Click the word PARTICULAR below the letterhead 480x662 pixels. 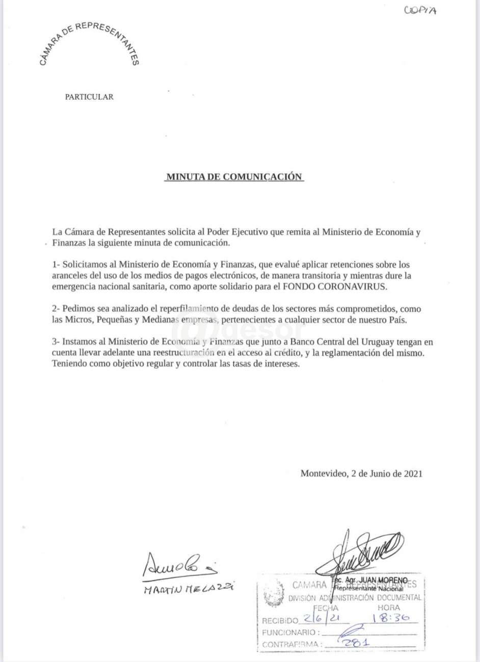pyautogui.click(x=89, y=97)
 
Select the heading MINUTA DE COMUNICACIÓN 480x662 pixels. pyautogui.click(x=234, y=177)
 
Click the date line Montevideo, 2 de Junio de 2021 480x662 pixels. pyautogui.click(x=361, y=473)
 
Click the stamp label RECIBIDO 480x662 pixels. pyautogui.click(x=279, y=621)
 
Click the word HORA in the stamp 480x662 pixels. pyautogui.click(x=388, y=608)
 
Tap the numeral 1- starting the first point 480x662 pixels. pyautogui.click(x=56, y=265)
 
